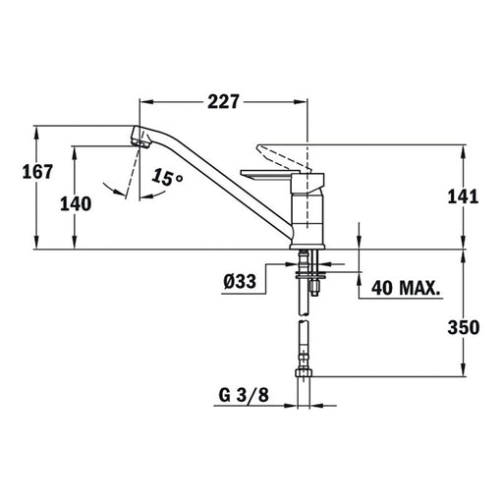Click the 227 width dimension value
(x=224, y=102)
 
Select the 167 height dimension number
(x=37, y=172)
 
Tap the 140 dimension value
(x=76, y=204)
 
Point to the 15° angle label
(x=167, y=177)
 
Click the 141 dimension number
(x=463, y=197)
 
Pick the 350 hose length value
(x=464, y=327)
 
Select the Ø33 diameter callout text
(x=240, y=282)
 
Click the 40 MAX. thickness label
(x=406, y=288)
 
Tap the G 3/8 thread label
(x=244, y=395)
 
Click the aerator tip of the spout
(x=140, y=142)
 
